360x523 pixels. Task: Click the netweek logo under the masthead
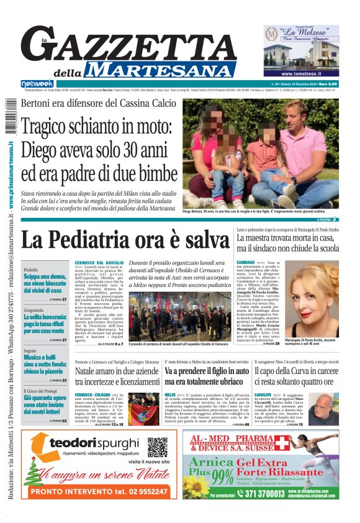pyautogui.click(x=37, y=83)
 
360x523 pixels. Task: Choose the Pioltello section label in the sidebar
pyautogui.click(x=30, y=270)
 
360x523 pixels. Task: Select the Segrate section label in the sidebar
pyautogui.click(x=30, y=351)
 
